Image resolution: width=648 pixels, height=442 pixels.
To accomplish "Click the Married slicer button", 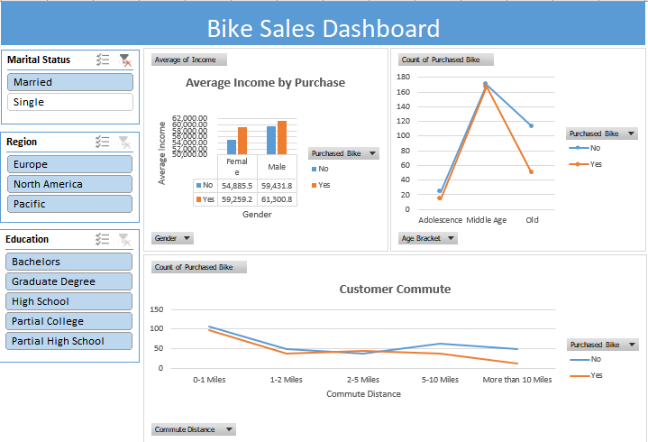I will (70, 82).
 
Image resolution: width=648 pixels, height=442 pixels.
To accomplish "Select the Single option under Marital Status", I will (70, 102).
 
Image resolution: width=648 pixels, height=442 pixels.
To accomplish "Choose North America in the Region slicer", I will (70, 184).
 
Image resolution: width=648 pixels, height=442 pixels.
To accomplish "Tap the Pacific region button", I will (70, 204).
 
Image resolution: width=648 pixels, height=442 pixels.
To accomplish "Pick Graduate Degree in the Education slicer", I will (70, 281).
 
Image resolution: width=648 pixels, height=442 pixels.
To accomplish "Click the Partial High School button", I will (70, 341).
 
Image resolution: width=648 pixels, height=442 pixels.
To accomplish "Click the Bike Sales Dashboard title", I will (324, 29).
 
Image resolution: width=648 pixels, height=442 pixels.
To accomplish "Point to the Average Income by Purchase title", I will (265, 82).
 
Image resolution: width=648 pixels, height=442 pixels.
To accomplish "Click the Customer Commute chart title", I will (395, 290).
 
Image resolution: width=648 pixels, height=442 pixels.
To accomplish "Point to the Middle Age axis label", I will (486, 219).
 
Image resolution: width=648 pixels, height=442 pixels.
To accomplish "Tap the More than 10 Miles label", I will (516, 380).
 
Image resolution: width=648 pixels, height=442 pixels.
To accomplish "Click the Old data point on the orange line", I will (531, 171).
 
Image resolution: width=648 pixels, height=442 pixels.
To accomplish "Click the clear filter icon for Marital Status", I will (125, 60).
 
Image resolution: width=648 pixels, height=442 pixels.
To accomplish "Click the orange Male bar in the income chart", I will (282, 137).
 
